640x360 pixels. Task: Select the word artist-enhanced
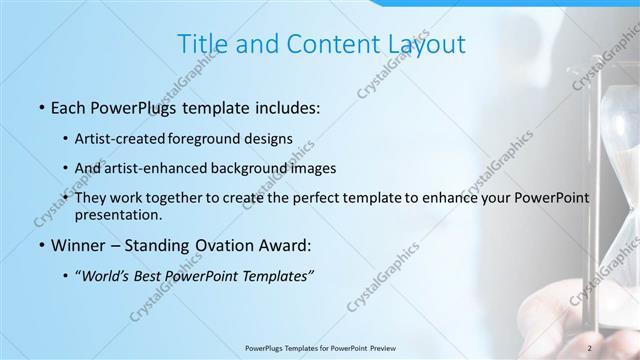tap(167, 168)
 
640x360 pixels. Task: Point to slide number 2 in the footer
tap(589, 347)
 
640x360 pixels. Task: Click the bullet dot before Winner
tap(40, 245)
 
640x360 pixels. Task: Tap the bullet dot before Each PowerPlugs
tap(40, 106)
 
